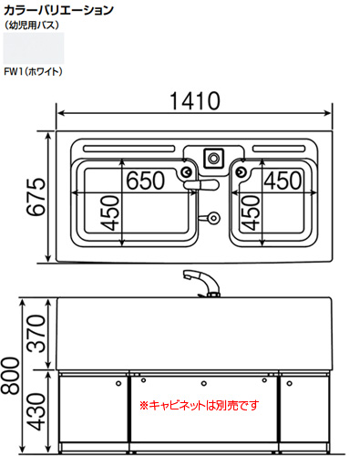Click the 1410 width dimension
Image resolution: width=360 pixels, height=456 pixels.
pyautogui.click(x=195, y=101)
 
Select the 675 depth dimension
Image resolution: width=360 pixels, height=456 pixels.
pyautogui.click(x=36, y=197)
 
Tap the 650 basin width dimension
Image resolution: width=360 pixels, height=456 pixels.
pyautogui.click(x=145, y=181)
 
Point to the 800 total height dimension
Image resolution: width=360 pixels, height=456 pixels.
pyautogui.click(x=10, y=376)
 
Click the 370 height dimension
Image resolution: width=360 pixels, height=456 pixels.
pyautogui.click(x=36, y=334)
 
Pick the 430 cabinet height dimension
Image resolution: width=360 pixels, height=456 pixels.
pyautogui.click(x=36, y=411)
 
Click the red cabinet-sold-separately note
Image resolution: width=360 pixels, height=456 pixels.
pyautogui.click(x=200, y=405)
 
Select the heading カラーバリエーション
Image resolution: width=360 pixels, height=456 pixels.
pyautogui.click(x=58, y=10)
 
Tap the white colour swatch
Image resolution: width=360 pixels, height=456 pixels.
pyautogui.click(x=34, y=48)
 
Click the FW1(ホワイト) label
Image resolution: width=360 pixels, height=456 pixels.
pyautogui.click(x=33, y=72)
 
